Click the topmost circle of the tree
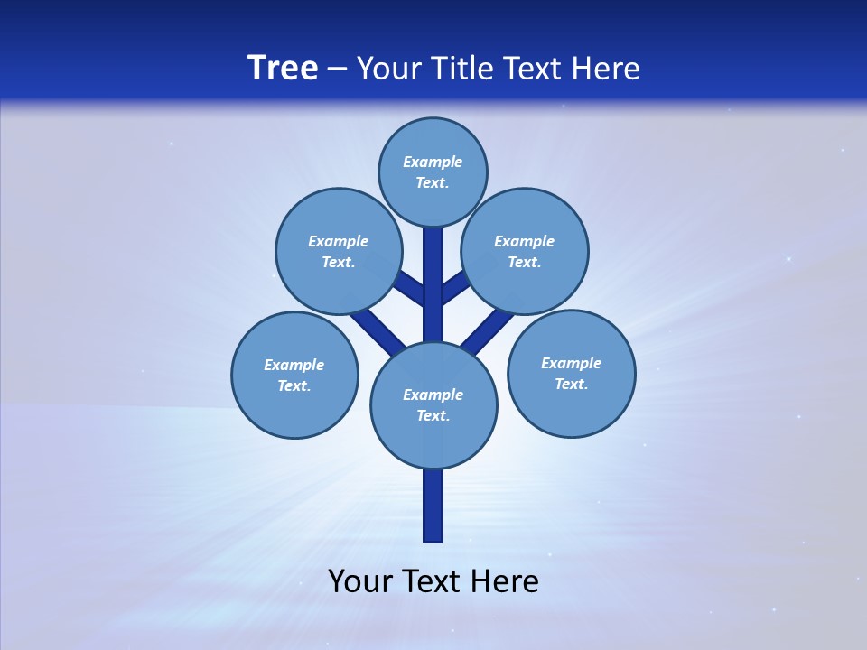433,172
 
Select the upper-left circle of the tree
338,251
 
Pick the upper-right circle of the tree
525,251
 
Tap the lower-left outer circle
294,375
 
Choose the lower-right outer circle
571,373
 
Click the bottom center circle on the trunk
433,405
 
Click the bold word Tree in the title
283,68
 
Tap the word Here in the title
607,68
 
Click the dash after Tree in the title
338,69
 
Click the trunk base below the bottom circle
433,506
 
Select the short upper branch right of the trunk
454,287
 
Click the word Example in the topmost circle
433,162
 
